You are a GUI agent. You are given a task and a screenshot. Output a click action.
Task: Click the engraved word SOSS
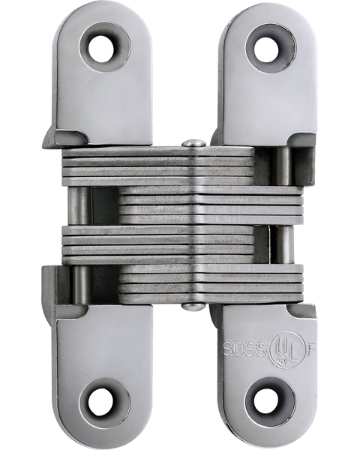pos(245,349)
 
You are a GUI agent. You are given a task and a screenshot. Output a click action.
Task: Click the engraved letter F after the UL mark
pos(311,349)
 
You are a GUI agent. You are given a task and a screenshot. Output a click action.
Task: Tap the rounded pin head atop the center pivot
pos(193,143)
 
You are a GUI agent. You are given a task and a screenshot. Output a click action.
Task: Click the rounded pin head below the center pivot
pos(193,306)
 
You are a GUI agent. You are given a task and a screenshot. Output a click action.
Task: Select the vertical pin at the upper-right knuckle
pos(283,165)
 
